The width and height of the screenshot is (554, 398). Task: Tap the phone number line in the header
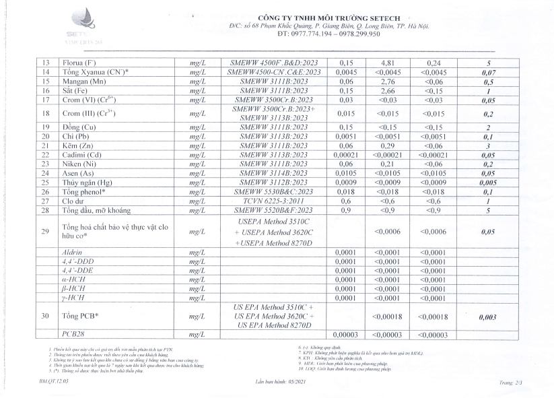[x=329, y=33]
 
